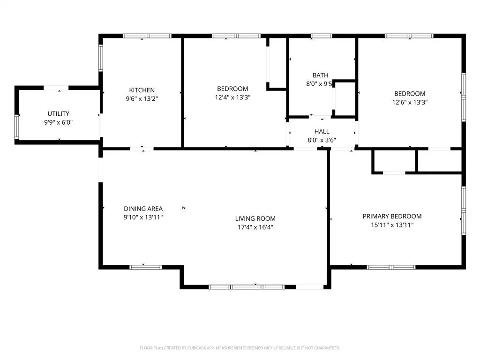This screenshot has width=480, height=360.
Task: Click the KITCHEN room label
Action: (142, 90)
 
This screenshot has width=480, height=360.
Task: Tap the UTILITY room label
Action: (59, 113)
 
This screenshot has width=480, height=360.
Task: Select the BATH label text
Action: (321, 75)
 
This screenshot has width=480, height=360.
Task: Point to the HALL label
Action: (322, 131)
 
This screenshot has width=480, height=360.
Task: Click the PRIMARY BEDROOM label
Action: (392, 216)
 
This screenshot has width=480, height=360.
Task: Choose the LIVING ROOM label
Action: (255, 218)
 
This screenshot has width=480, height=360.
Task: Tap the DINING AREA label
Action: (143, 209)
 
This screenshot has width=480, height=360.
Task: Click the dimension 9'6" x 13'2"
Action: (142, 98)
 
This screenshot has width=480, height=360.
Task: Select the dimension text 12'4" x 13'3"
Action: (232, 97)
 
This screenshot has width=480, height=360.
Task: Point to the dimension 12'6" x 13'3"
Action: (410, 102)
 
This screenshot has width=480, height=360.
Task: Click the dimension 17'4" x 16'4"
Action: (255, 227)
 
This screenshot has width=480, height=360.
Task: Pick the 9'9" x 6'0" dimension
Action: (59, 122)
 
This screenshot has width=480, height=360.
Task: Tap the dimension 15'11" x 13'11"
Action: (392, 225)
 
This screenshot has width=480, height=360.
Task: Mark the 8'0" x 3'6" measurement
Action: (322, 140)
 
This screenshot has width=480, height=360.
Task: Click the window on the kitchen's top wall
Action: (147, 36)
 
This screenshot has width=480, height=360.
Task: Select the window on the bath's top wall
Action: (321, 36)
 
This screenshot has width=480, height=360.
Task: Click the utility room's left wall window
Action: (17, 127)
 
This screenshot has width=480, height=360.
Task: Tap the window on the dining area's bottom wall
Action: (146, 267)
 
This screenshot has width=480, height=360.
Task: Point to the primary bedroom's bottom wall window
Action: (391, 267)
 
